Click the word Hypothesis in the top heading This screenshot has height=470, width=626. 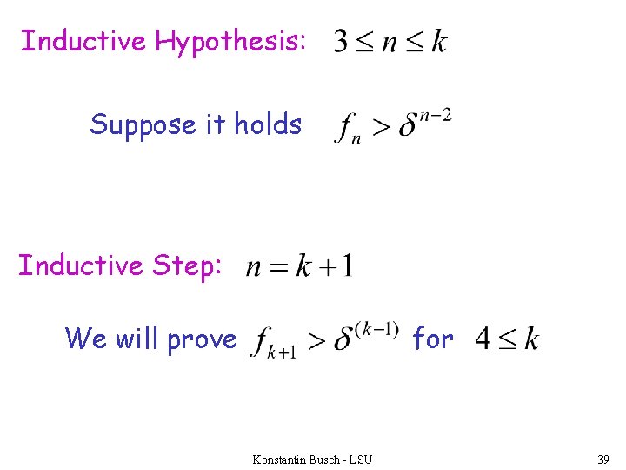230,41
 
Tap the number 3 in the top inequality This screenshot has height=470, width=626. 344,42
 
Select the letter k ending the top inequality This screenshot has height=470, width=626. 439,41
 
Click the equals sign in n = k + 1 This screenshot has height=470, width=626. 279,266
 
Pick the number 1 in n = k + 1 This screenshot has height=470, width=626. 345,265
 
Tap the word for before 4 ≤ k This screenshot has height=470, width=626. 433,338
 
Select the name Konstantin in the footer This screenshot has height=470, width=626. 278,459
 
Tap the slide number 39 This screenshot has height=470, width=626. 603,459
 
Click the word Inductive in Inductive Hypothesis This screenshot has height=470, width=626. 83,41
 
